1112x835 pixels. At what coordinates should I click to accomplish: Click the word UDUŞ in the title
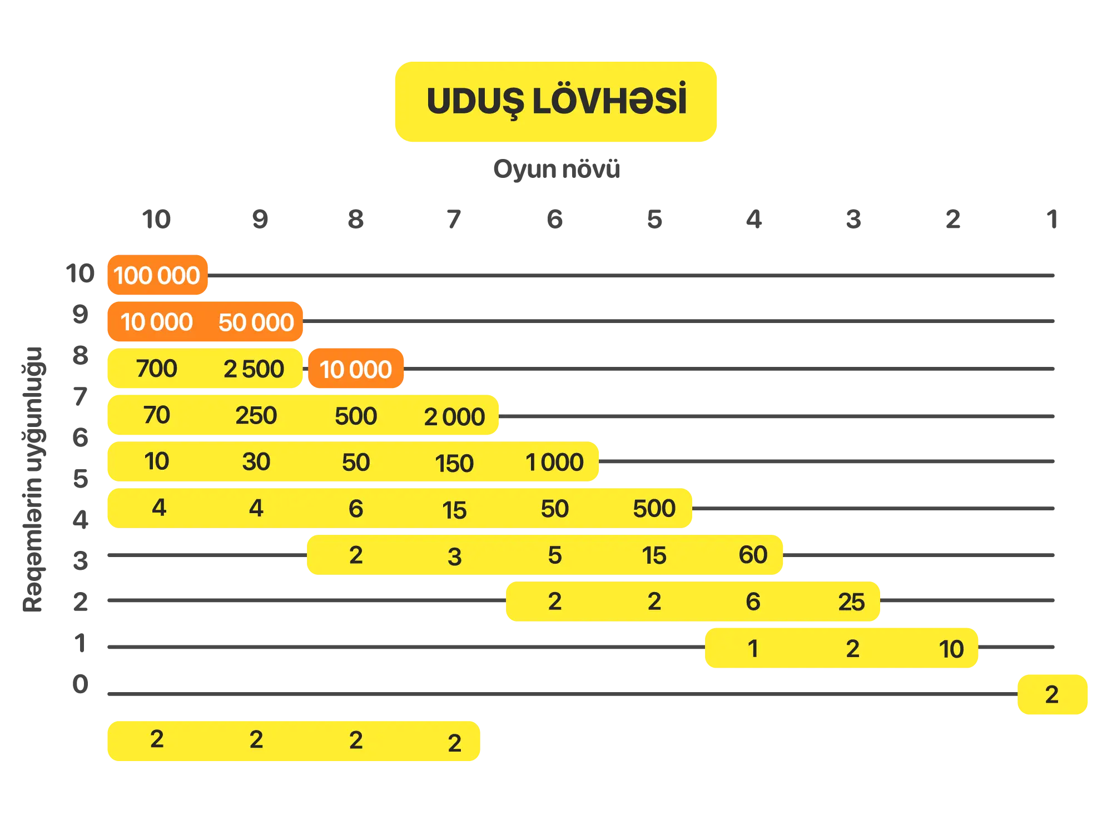tap(476, 102)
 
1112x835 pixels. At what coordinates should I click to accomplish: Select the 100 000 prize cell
tap(157, 275)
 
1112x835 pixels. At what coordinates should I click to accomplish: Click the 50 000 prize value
tap(256, 322)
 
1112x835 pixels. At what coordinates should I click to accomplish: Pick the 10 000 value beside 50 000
tap(156, 322)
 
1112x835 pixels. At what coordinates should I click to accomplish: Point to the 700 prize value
tap(156, 369)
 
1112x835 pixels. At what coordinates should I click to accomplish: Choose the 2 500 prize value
tap(254, 369)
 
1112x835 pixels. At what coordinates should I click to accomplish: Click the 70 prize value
tap(156, 415)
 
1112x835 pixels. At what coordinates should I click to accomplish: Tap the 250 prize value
tap(256, 415)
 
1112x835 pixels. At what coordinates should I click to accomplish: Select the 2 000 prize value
tap(454, 417)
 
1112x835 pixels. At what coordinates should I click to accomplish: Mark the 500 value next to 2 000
tap(356, 416)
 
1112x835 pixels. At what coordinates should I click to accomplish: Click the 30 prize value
tap(256, 462)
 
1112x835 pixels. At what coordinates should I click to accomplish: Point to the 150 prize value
tap(454, 464)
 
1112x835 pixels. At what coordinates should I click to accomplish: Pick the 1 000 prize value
tap(554, 463)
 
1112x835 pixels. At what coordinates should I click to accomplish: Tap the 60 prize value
tap(753, 555)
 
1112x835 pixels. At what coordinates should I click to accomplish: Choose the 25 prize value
tap(851, 602)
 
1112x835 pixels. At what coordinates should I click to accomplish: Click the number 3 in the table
tap(454, 556)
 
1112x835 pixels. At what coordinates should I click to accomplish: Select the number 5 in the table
tap(554, 555)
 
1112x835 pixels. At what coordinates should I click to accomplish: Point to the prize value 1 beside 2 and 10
tap(753, 649)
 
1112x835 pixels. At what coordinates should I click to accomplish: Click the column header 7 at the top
tap(454, 220)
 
